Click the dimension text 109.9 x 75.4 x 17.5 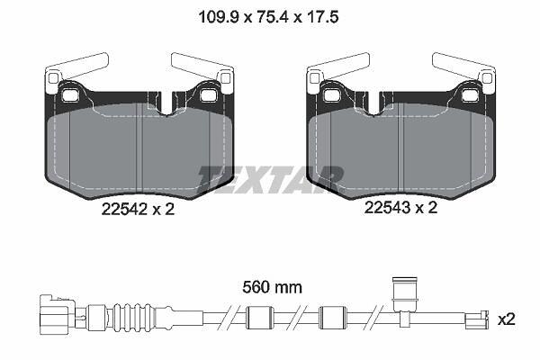click(x=268, y=16)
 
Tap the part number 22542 click(x=124, y=209)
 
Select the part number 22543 click(x=387, y=207)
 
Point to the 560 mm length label click(x=272, y=287)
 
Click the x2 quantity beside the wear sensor click(x=506, y=320)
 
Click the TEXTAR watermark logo click(x=271, y=180)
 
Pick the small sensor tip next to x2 click(x=477, y=320)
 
